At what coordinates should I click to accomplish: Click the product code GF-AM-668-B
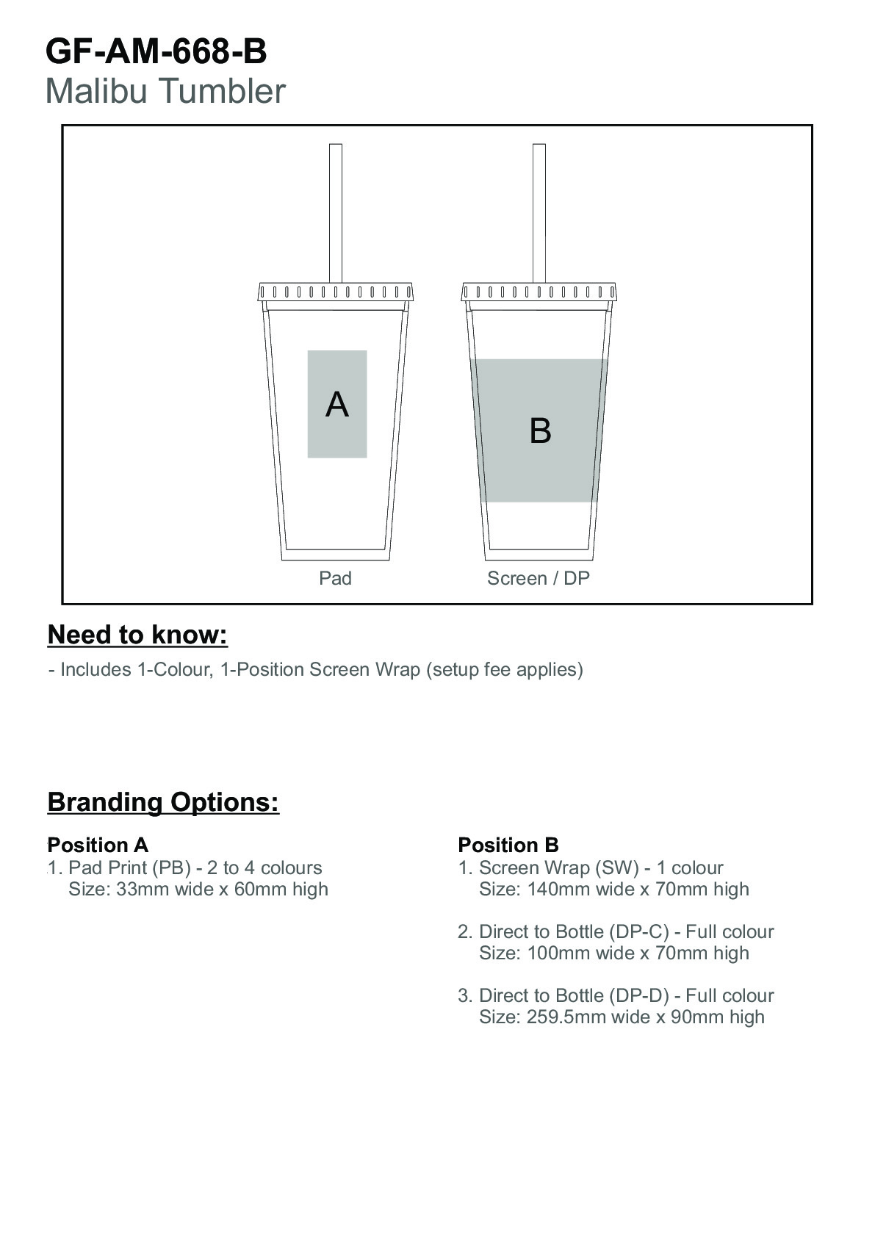(156, 52)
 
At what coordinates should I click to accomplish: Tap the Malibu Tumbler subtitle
(165, 91)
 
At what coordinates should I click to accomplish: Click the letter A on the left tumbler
(337, 404)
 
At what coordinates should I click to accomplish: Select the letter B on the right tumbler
(540, 430)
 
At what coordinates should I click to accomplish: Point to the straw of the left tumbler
(335, 214)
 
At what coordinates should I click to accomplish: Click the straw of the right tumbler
(539, 214)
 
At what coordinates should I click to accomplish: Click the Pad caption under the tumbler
(335, 578)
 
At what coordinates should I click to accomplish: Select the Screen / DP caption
(539, 578)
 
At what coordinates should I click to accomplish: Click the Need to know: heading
(137, 635)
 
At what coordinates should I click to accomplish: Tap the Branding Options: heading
(164, 802)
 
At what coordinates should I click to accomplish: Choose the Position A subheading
(98, 845)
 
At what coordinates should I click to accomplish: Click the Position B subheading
(508, 845)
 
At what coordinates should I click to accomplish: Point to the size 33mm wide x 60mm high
(222, 889)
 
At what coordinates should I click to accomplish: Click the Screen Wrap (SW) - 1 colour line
(601, 868)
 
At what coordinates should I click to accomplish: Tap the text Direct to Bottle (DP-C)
(574, 932)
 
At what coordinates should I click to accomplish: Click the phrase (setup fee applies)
(504, 670)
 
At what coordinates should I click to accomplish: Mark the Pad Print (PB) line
(195, 868)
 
